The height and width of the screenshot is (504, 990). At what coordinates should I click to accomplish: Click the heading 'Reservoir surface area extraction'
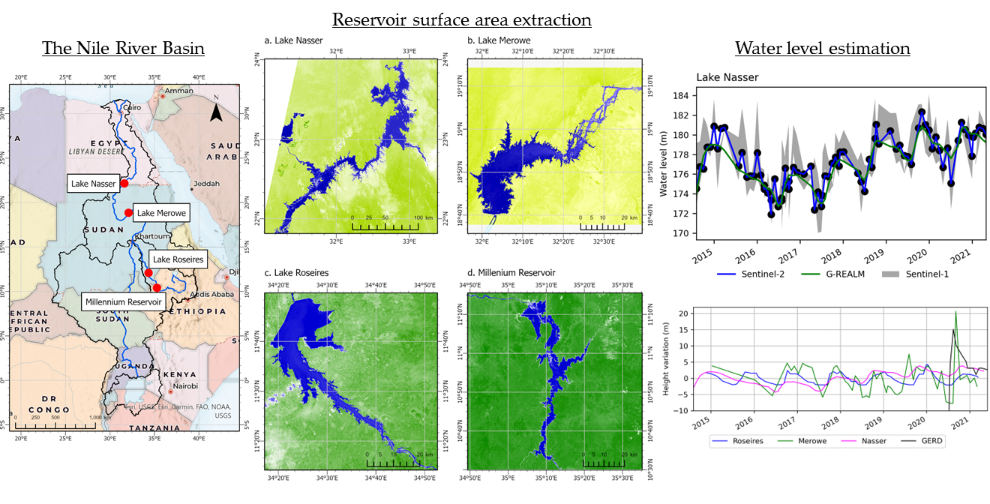point(462,19)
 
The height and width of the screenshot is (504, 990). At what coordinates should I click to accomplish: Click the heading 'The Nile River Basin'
point(123,49)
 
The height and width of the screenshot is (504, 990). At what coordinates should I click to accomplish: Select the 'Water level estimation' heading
point(822,49)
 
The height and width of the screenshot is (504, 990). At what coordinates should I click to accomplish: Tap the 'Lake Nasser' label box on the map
point(93,183)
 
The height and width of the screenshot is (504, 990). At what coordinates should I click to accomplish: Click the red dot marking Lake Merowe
point(128,213)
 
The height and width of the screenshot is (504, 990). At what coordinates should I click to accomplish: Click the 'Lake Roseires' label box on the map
point(178,259)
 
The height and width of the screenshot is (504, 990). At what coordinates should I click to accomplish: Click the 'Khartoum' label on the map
point(152,236)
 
